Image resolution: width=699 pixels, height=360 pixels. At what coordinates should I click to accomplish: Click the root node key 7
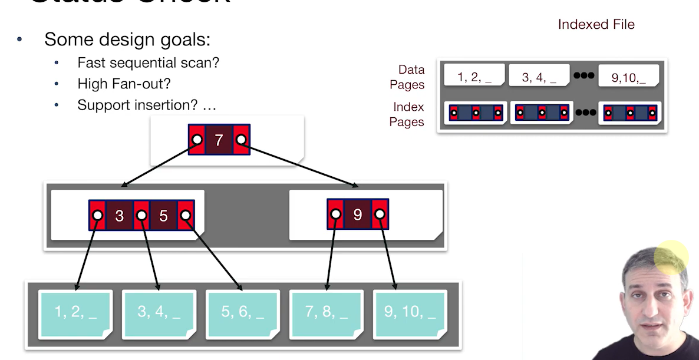pyautogui.click(x=219, y=140)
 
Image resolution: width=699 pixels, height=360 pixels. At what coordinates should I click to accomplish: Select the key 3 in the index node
pyautogui.click(x=120, y=216)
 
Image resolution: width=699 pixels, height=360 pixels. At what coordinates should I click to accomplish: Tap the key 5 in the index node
pyautogui.click(x=163, y=216)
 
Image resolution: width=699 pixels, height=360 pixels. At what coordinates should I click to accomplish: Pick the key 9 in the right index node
pyautogui.click(x=357, y=214)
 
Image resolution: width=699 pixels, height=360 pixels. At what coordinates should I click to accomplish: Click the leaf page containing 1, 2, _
pyautogui.click(x=75, y=312)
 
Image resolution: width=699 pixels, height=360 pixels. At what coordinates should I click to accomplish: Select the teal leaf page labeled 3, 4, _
pyautogui.click(x=159, y=312)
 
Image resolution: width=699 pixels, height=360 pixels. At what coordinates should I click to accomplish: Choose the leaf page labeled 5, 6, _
pyautogui.click(x=242, y=312)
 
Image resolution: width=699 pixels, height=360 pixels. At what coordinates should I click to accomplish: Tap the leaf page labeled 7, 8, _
pyautogui.click(x=326, y=312)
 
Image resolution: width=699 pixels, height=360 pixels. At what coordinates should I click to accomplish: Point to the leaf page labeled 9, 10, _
pyautogui.click(x=410, y=312)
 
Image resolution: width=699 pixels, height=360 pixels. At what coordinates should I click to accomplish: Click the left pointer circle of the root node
pyautogui.click(x=197, y=140)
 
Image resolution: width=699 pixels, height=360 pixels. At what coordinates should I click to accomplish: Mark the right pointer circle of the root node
pyautogui.click(x=240, y=140)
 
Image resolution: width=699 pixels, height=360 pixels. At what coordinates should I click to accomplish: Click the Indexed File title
pyautogui.click(x=596, y=24)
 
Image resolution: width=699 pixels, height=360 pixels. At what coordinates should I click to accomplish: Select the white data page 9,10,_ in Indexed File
pyautogui.click(x=628, y=77)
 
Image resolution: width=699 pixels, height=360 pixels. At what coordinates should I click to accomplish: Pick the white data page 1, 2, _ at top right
pyautogui.click(x=474, y=77)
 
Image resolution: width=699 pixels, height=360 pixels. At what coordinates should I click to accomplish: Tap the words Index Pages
pyautogui.click(x=408, y=114)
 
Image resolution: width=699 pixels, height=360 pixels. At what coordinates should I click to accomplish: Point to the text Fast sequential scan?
pyautogui.click(x=148, y=62)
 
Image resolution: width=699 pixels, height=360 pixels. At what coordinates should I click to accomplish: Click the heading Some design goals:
pyautogui.click(x=127, y=39)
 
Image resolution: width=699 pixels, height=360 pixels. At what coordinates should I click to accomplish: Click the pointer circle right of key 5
pyautogui.click(x=186, y=216)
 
